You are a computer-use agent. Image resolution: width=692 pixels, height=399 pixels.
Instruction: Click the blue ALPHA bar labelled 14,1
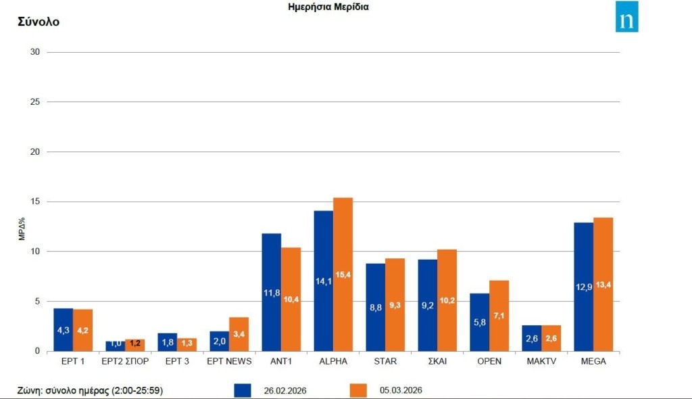click(323, 281)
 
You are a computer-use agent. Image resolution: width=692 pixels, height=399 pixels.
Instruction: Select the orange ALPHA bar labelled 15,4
click(343, 274)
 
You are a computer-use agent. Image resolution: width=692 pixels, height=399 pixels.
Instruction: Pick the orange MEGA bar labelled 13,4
click(603, 284)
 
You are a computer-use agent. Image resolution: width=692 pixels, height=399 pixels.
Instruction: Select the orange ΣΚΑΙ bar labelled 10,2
click(447, 300)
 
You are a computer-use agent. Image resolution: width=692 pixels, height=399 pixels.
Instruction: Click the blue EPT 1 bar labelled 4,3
click(63, 329)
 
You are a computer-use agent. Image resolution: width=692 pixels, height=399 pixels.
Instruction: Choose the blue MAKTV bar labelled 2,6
click(531, 338)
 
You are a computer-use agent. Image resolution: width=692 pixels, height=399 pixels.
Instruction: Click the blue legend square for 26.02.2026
click(243, 391)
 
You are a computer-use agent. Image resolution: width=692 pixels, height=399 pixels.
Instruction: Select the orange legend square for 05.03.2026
click(358, 391)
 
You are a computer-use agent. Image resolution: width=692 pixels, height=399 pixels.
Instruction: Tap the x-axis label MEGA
click(593, 361)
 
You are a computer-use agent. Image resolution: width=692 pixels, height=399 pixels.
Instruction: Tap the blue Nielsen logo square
click(627, 17)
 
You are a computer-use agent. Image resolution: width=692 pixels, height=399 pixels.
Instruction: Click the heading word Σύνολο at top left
click(39, 22)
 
